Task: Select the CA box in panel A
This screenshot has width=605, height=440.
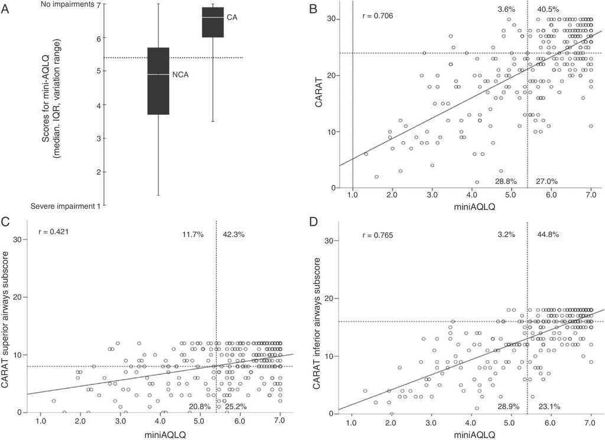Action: click(213, 22)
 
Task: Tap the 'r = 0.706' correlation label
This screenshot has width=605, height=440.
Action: click(378, 15)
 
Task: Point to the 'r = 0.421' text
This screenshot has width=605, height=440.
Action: click(53, 231)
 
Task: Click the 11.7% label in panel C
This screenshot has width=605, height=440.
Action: click(193, 235)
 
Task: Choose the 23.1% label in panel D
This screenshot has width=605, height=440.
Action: click(549, 406)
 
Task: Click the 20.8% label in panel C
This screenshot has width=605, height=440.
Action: click(200, 406)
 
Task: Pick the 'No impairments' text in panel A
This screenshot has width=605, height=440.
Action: click(68, 4)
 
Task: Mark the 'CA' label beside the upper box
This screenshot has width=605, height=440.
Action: click(232, 18)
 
